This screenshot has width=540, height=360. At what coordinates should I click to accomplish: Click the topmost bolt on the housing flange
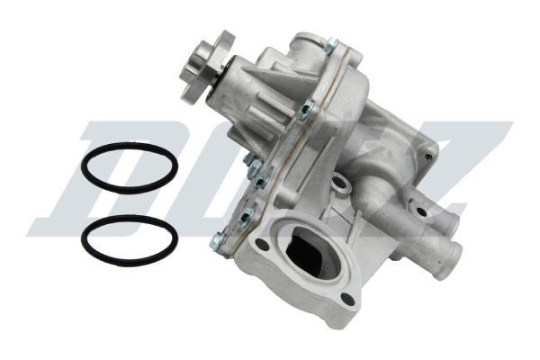(331, 44)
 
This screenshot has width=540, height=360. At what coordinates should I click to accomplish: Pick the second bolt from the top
(306, 109)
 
